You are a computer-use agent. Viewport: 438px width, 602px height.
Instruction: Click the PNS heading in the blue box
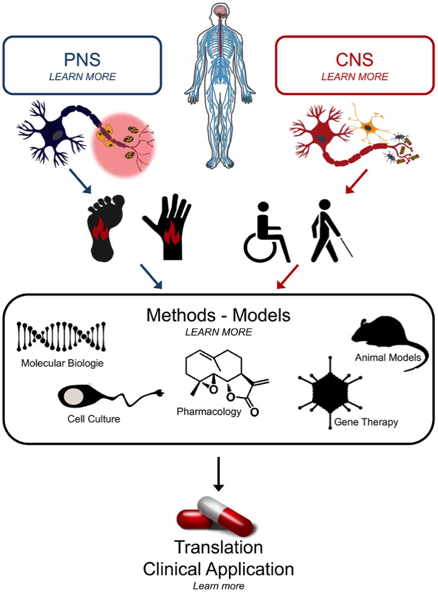click(82, 59)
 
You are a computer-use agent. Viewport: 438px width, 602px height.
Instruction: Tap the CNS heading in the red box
click(354, 59)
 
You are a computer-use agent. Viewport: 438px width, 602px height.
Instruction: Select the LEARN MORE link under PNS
click(83, 77)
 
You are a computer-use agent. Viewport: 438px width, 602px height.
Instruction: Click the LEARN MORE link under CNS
click(355, 77)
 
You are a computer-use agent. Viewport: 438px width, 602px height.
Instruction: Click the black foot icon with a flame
click(105, 228)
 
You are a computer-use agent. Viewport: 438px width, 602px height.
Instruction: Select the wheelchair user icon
click(267, 232)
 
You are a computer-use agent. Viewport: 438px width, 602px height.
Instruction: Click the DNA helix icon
click(61, 337)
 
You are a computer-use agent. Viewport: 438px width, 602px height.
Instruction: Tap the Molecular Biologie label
click(62, 363)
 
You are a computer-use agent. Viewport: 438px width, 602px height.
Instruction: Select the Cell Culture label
click(94, 418)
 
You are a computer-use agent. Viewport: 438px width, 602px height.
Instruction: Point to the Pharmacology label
click(209, 412)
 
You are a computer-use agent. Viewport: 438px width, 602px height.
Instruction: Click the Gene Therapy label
click(366, 422)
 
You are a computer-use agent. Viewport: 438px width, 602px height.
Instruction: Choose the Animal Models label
click(387, 357)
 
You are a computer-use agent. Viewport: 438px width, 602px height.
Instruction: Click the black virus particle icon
click(330, 392)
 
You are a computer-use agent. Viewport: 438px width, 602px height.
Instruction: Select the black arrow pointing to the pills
click(219, 474)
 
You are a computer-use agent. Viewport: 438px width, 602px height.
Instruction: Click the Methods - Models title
click(219, 315)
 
